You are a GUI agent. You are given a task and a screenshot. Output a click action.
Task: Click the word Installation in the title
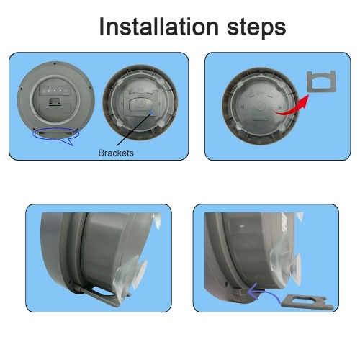point(158,26)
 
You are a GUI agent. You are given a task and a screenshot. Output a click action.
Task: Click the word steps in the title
point(256,28)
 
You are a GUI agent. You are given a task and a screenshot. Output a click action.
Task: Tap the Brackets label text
point(116,153)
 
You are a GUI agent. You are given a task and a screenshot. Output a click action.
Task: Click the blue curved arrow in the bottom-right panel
point(264,292)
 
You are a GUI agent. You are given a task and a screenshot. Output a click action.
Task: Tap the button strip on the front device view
point(55,91)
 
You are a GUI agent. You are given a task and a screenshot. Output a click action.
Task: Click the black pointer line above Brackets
point(134,129)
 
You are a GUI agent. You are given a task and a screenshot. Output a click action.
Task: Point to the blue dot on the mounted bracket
point(151,113)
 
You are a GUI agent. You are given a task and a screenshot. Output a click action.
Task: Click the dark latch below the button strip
point(55,102)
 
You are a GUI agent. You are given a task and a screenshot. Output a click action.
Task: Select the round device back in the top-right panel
point(260,107)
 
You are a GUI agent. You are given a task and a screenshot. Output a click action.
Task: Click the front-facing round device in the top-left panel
point(56,100)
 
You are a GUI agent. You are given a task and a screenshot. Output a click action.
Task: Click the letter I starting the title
point(102,26)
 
